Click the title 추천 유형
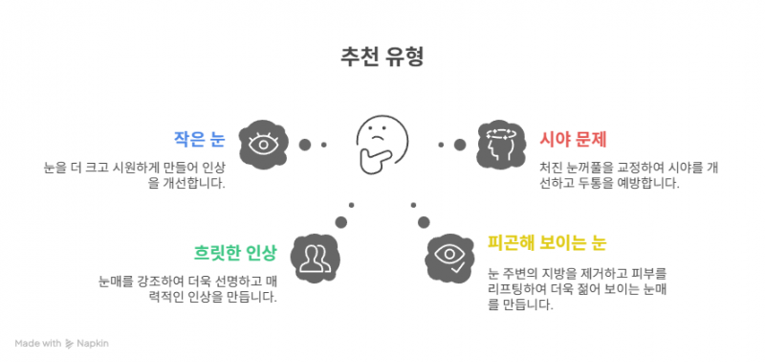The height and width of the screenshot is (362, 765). click(382, 57)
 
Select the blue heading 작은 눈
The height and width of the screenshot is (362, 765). click(200, 139)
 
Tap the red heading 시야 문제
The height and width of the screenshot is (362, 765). click(573, 140)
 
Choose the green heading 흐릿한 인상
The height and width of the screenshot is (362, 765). click(235, 253)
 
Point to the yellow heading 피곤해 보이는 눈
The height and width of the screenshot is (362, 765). click(547, 243)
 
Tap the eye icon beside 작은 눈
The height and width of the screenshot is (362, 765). click(264, 145)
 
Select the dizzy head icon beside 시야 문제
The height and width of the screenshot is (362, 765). click(501, 145)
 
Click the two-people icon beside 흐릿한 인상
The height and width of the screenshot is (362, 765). click(315, 258)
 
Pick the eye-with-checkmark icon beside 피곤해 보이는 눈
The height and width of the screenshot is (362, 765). click(449, 258)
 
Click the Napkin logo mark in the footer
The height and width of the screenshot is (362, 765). click(69, 344)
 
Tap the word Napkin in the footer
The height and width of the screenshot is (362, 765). click(93, 344)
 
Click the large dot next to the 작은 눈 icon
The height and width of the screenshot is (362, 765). click(305, 145)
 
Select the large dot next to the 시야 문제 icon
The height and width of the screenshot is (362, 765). click(460, 145)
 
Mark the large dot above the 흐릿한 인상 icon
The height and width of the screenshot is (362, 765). click(341, 222)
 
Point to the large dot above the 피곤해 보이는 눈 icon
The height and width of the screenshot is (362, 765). click(424, 222)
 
